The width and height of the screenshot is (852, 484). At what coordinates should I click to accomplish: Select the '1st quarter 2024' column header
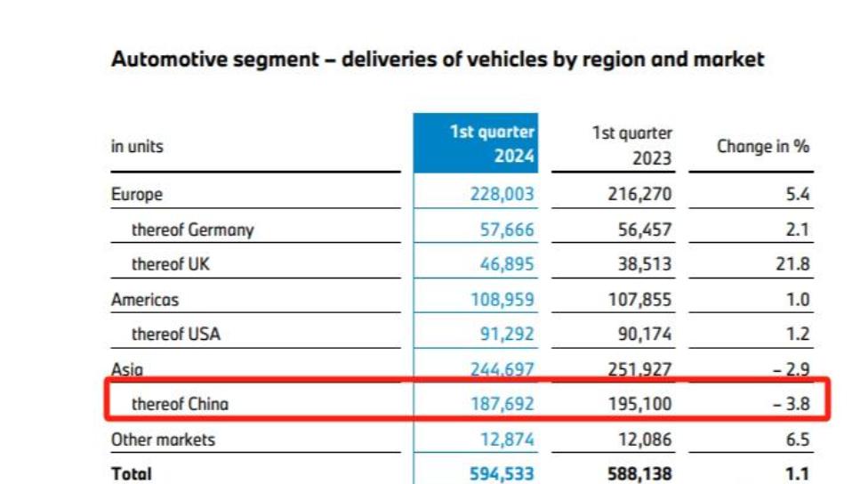[x=493, y=144]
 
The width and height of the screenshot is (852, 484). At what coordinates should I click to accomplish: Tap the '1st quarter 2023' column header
[x=632, y=146]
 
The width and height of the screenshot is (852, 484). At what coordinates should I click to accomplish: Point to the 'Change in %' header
[x=763, y=146]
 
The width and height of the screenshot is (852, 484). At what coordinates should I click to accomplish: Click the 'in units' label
[x=137, y=146]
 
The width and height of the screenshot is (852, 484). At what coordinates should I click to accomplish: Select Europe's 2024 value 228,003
[x=502, y=194]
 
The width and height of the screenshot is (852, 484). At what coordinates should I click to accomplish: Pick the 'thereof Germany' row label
[x=192, y=230]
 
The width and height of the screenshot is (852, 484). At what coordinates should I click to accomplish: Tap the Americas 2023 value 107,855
[x=641, y=300]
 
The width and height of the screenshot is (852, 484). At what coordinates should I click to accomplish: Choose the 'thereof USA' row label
[x=175, y=335]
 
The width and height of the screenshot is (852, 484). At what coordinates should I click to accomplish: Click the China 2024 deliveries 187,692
[x=502, y=404]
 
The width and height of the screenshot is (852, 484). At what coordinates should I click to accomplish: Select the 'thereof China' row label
[x=180, y=404]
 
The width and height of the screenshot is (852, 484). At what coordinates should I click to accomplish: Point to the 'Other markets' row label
[x=163, y=440]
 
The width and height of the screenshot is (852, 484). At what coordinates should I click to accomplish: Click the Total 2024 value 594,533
[x=502, y=474]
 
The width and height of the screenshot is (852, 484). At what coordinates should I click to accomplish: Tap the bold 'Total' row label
[x=132, y=474]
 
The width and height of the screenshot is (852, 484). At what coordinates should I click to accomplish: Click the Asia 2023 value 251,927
[x=641, y=369]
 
